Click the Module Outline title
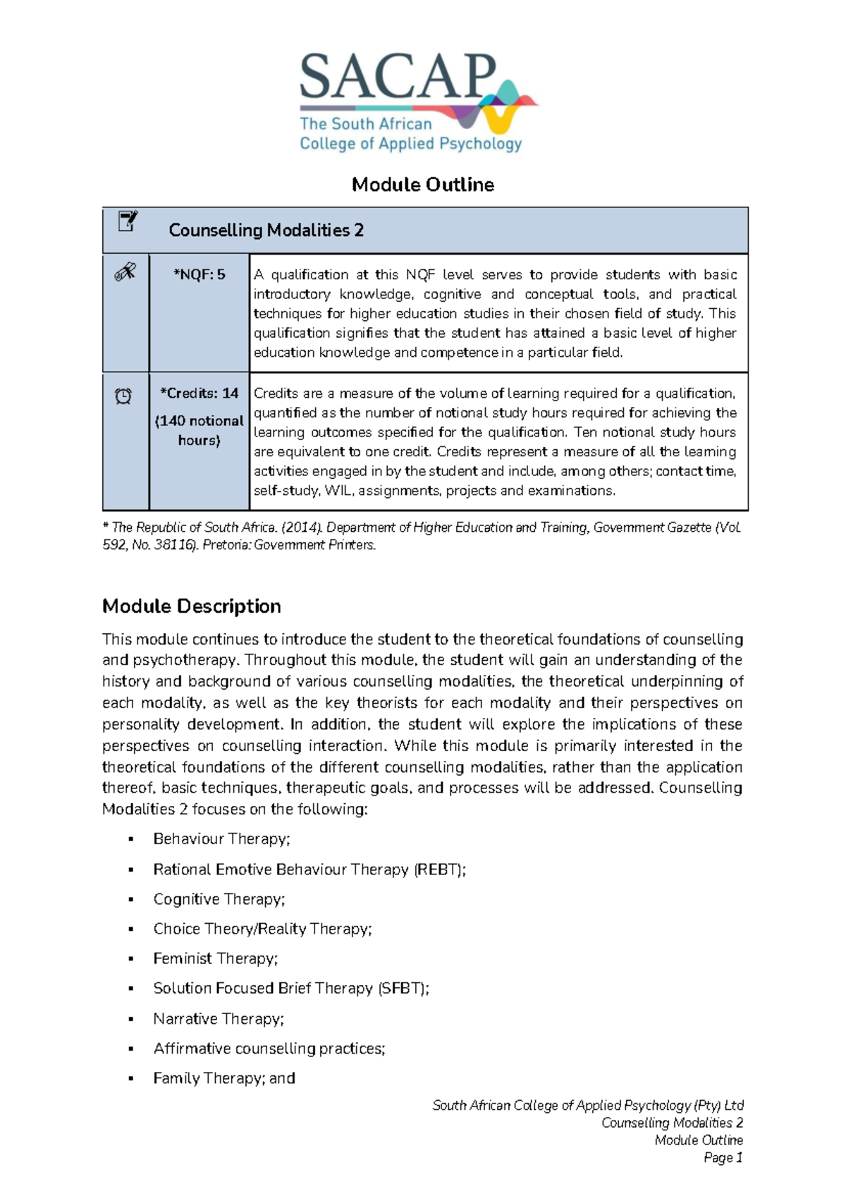tap(423, 185)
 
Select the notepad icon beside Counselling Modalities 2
tap(127, 221)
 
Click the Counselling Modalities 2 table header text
tap(266, 231)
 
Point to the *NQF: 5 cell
tap(200, 275)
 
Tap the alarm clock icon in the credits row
tap(123, 396)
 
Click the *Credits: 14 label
tap(200, 393)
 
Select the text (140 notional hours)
tap(200, 430)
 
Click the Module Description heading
tap(192, 606)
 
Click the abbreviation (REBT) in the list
tap(439, 869)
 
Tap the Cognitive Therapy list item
tap(219, 899)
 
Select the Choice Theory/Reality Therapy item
tap(262, 929)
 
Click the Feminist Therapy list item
tap(216, 958)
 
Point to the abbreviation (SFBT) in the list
tap(403, 989)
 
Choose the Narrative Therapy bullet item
tap(219, 1019)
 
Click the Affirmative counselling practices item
tap(269, 1049)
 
